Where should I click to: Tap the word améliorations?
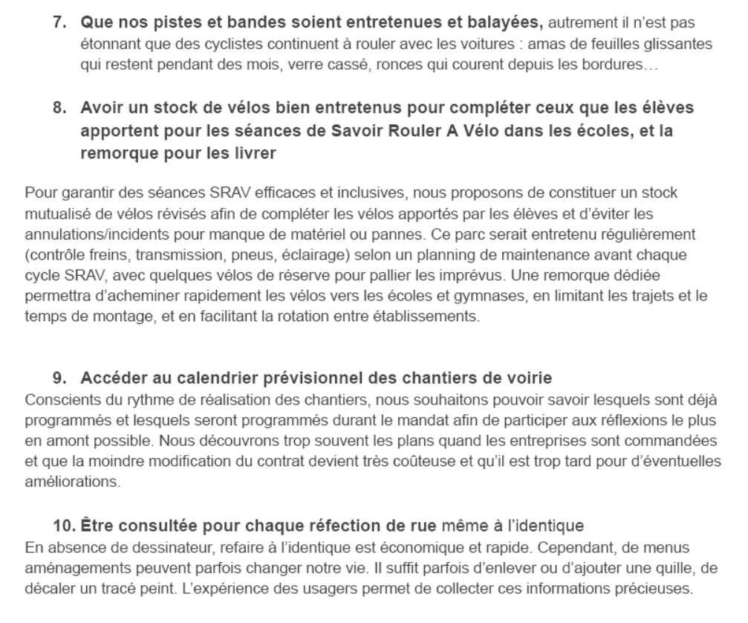coord(62,482)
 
